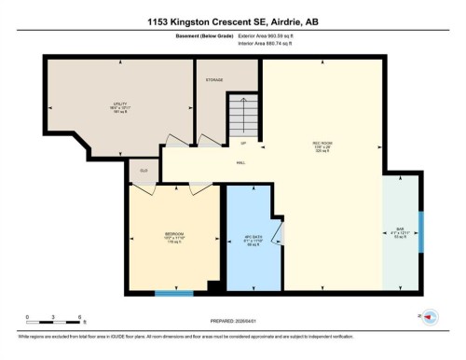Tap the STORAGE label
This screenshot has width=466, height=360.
click(x=213, y=80)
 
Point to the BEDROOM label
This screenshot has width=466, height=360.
click(x=174, y=233)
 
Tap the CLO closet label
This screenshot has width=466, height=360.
click(x=144, y=171)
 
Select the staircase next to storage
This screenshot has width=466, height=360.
click(x=243, y=117)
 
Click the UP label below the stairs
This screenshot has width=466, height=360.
click(x=243, y=144)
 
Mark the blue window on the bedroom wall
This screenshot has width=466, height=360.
click(x=173, y=295)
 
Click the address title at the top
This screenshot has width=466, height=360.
click(x=233, y=21)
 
